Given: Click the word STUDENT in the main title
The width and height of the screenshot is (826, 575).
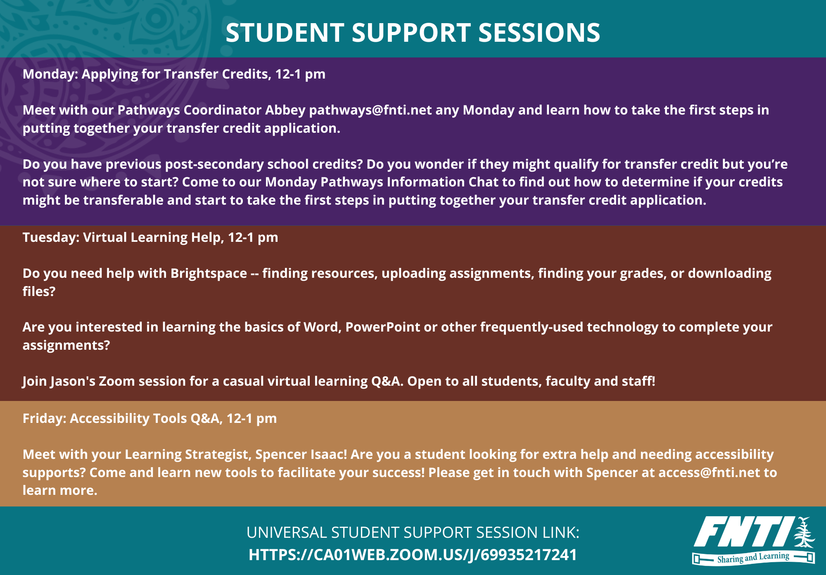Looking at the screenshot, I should pos(285,32).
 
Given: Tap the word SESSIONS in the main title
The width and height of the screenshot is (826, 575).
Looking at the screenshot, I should pos(539,32).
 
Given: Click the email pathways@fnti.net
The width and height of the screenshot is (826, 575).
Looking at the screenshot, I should pos(370,110).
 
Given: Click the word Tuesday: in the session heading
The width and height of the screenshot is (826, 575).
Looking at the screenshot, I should pos(51,237).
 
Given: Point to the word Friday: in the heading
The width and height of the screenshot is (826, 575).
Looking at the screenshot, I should pos(44,418).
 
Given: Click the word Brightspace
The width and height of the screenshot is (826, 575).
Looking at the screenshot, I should pos(209,273).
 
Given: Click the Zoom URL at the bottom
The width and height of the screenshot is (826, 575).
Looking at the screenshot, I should pos(413,555).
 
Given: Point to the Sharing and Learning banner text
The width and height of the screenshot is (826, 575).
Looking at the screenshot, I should pos(753,558).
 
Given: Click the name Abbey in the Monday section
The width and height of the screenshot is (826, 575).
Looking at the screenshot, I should pos(285,110).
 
